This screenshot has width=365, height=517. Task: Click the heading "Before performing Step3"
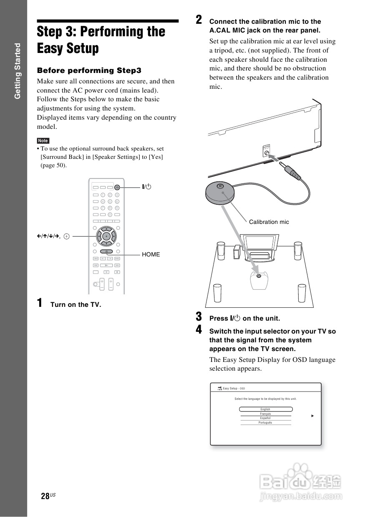pos(89,70)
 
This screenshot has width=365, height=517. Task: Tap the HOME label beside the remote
pos(151,254)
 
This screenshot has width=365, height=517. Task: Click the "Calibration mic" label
pos(269,222)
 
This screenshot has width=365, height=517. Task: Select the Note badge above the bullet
pos(43,141)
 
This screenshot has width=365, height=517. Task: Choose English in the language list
pos(265,409)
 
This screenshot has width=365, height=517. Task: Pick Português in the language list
pos(265,423)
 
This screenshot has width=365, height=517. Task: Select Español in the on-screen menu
pos(265,418)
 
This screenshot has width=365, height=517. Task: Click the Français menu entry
pos(265,414)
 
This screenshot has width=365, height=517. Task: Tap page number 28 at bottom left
pos(45,496)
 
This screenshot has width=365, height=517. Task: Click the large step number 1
pos(40,303)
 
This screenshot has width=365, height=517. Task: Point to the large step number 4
pos(199,330)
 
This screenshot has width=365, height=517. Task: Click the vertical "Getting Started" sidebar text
pos(17,71)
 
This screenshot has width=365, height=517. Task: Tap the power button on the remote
pos(118,187)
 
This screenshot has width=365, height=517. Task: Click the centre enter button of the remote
pos(107,236)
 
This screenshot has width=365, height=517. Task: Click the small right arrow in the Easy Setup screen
pos(312,416)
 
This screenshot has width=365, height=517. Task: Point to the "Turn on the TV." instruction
pos(76,305)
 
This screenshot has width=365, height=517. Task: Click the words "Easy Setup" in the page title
pos(68,48)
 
